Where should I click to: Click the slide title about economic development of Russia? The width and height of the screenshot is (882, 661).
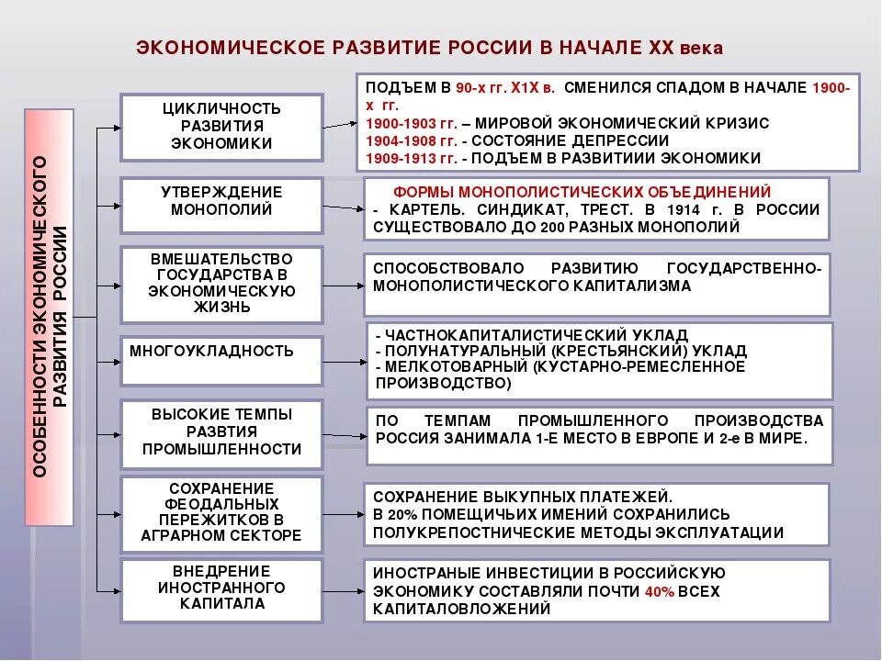430,47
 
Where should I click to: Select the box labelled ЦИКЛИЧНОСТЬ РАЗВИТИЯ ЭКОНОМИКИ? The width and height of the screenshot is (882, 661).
221,126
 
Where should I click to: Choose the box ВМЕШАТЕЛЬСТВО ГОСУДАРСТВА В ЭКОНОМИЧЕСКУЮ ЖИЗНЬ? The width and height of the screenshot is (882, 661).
221,284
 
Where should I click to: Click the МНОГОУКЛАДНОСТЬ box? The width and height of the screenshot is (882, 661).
221,360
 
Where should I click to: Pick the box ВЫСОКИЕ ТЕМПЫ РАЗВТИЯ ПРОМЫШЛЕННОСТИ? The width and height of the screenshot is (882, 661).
221,432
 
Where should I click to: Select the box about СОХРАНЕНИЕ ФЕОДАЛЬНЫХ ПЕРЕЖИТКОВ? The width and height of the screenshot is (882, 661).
221,512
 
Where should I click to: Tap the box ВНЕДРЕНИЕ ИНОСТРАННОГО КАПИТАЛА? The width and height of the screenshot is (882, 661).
221,588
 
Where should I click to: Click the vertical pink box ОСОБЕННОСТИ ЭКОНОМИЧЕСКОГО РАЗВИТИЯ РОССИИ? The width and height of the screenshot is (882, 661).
49,316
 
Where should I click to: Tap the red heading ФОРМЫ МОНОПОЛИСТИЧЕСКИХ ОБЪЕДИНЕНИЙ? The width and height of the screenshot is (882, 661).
582,192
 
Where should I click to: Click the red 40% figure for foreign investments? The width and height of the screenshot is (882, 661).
660,591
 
